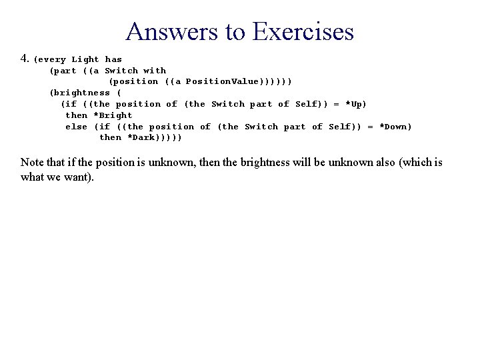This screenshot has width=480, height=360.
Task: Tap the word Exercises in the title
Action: tap(303, 31)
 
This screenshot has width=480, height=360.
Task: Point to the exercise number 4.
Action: tap(25, 59)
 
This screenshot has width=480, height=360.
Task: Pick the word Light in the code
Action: tap(85, 59)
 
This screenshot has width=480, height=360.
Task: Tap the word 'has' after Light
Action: tap(113, 59)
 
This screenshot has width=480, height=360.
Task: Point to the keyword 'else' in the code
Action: tap(76, 127)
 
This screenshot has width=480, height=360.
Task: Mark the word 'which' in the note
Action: tap(417, 163)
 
